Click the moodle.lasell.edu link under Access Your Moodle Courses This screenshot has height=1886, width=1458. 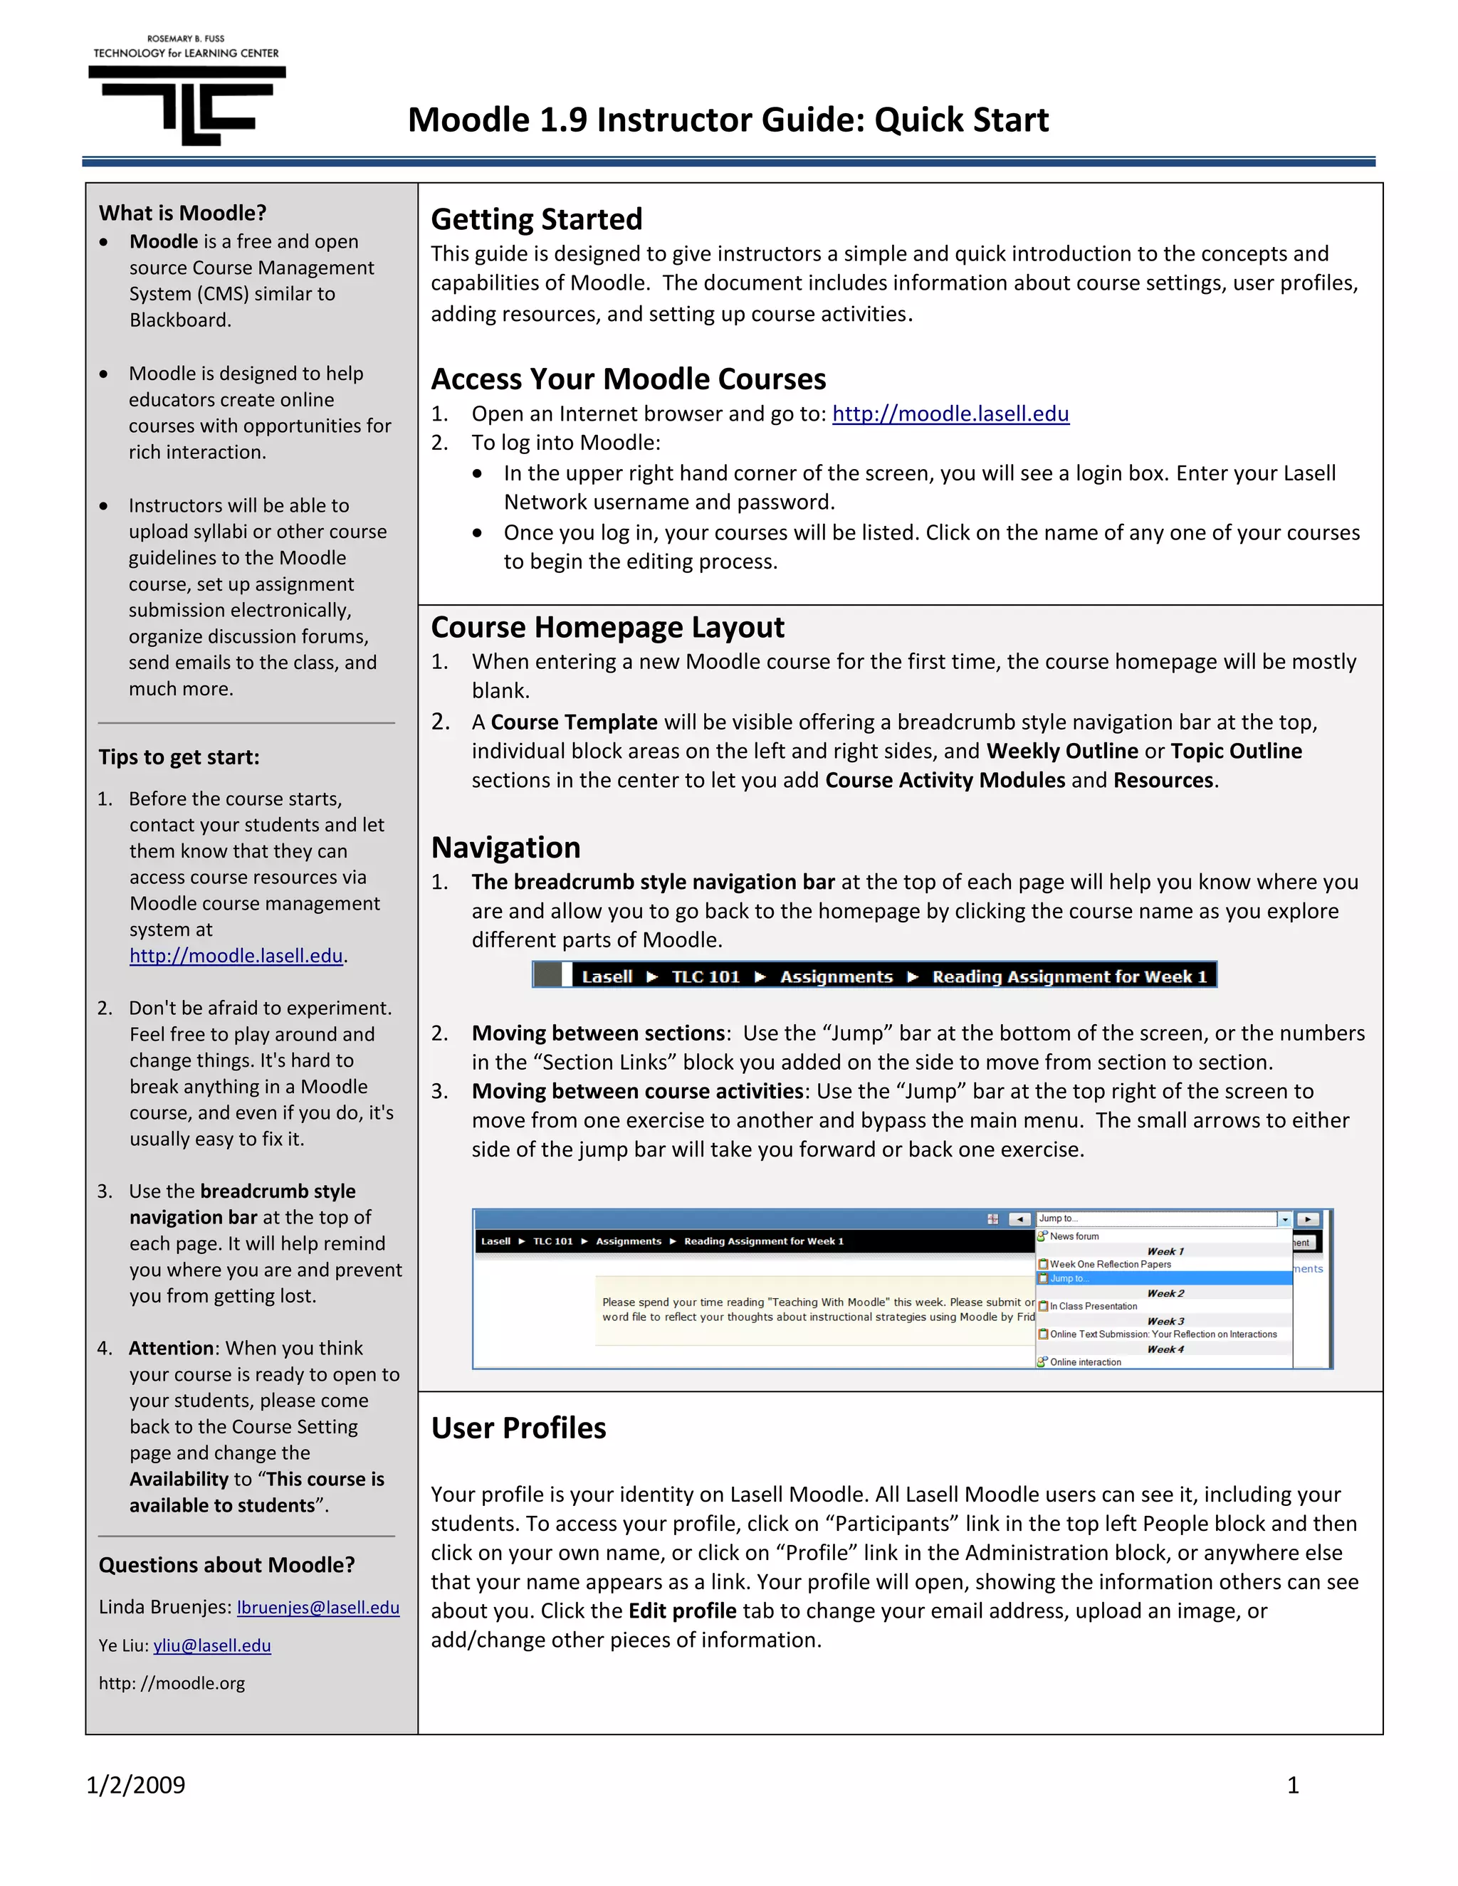pos(950,413)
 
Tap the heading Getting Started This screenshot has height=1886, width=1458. pos(536,219)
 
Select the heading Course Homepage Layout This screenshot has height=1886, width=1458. pos(607,627)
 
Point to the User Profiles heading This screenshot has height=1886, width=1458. pos(518,1428)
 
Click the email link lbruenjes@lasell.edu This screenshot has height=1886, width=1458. pos(318,1607)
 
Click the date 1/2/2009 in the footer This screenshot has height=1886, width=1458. pos(135,1784)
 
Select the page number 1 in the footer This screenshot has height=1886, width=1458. pos(1293,1784)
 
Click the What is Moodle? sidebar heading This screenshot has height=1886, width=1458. pos(182,214)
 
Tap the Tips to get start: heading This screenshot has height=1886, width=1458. pos(179,757)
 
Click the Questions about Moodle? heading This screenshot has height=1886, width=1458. pos(226,1565)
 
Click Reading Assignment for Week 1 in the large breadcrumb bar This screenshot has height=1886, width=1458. pos(1069,976)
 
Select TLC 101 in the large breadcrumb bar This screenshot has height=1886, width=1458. pos(706,976)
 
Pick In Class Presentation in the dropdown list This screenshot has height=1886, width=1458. pos(1093,1306)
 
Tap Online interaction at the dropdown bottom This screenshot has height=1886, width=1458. pos(1085,1361)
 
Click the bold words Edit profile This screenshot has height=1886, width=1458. pos(682,1611)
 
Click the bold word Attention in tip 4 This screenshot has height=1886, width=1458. pos(171,1348)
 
